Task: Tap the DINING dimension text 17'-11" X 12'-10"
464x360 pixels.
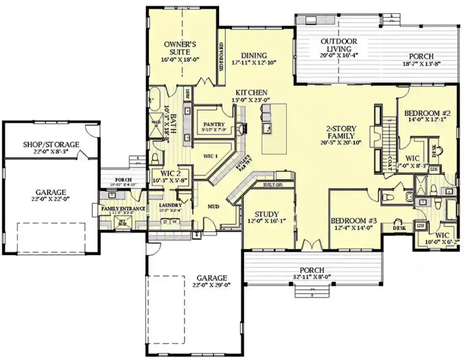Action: pyautogui.click(x=254, y=62)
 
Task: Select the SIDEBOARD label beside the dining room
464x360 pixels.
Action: pyautogui.click(x=222, y=58)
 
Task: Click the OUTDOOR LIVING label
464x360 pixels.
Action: pyautogui.click(x=339, y=45)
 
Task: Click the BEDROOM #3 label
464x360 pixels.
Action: pyautogui.click(x=354, y=221)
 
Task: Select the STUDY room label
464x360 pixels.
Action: pyautogui.click(x=266, y=214)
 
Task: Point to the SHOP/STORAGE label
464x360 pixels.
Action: pyautogui.click(x=51, y=144)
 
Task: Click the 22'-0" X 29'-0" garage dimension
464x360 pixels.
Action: pyautogui.click(x=212, y=285)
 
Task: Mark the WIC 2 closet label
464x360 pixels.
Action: pyautogui.click(x=166, y=173)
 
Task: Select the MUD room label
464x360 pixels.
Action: pyautogui.click(x=213, y=206)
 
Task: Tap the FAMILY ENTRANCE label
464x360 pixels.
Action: pyautogui.click(x=123, y=208)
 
